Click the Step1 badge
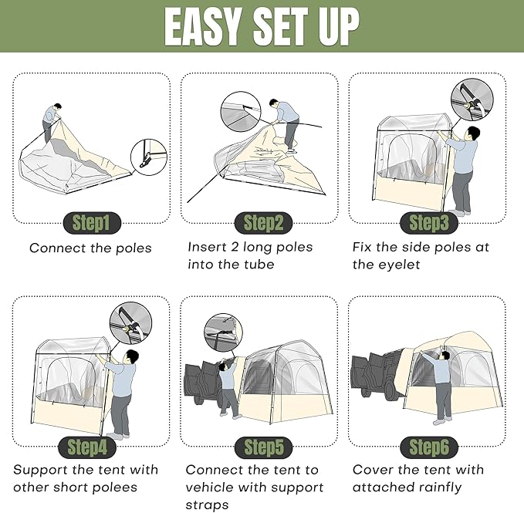[92, 223]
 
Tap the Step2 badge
[263, 223]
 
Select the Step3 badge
[429, 223]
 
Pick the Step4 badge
[87, 447]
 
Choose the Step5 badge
[263, 447]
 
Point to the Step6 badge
[429, 447]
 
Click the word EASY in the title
[202, 26]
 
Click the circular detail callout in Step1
[149, 157]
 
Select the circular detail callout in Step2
[241, 112]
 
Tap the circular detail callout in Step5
[223, 332]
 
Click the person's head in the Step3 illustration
[472, 133]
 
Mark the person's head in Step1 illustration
[57, 106]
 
